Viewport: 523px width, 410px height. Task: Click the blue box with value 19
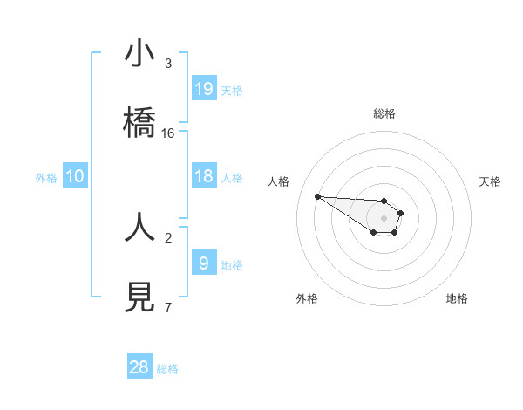[x=204, y=88]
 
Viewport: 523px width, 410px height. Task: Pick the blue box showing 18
[x=204, y=176]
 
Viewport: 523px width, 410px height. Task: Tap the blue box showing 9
[x=204, y=263]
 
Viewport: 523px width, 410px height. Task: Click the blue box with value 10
[x=75, y=176]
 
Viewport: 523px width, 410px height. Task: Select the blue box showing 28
[x=139, y=367]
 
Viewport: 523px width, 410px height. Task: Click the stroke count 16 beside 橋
[x=168, y=133]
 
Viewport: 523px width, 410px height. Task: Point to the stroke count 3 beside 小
[x=168, y=64]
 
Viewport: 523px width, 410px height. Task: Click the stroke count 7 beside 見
[x=168, y=307]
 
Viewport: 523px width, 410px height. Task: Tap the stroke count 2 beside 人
[x=168, y=236]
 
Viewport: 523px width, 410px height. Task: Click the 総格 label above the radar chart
[x=384, y=113]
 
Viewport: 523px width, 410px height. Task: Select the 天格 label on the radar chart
[x=490, y=181]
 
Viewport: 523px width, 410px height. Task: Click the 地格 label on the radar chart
[x=457, y=298]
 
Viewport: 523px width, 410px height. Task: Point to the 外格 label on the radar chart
[x=307, y=298]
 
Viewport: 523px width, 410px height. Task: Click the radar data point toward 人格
[x=318, y=196]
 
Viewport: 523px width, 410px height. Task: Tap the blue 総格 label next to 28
[x=167, y=369]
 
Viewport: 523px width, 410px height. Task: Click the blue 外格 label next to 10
[x=46, y=178]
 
